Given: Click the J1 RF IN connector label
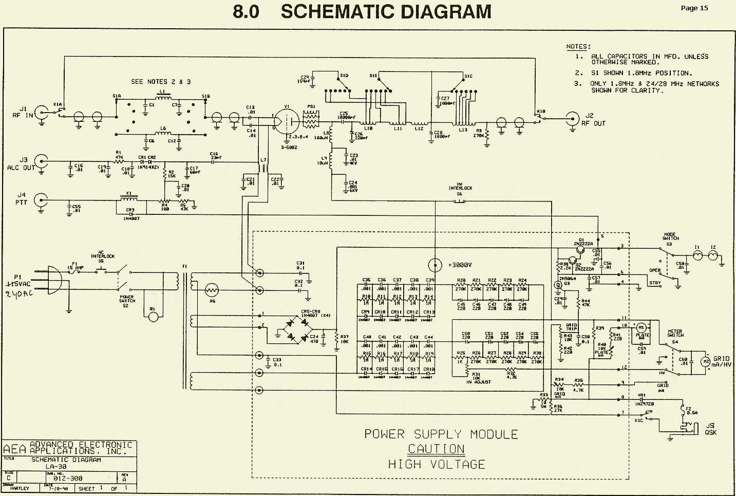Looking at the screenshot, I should point(22,112).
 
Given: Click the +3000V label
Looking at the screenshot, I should point(459,265).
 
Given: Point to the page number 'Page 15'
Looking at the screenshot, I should point(694,8).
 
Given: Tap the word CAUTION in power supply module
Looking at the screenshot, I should point(436,449).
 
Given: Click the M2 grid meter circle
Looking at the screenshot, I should point(706,361).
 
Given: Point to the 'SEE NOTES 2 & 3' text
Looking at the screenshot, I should point(161,82).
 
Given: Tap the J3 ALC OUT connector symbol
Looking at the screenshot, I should point(43,163).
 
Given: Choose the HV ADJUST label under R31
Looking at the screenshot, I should point(478,382).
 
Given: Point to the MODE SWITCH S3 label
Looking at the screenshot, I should point(670,238).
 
